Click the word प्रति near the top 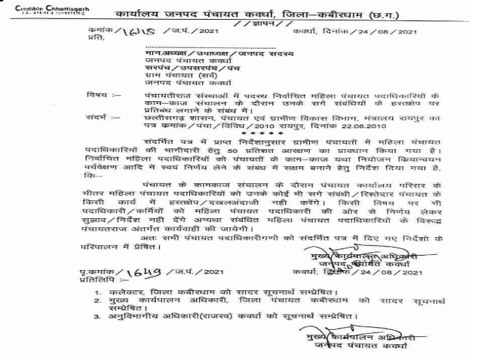(x=96, y=38)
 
